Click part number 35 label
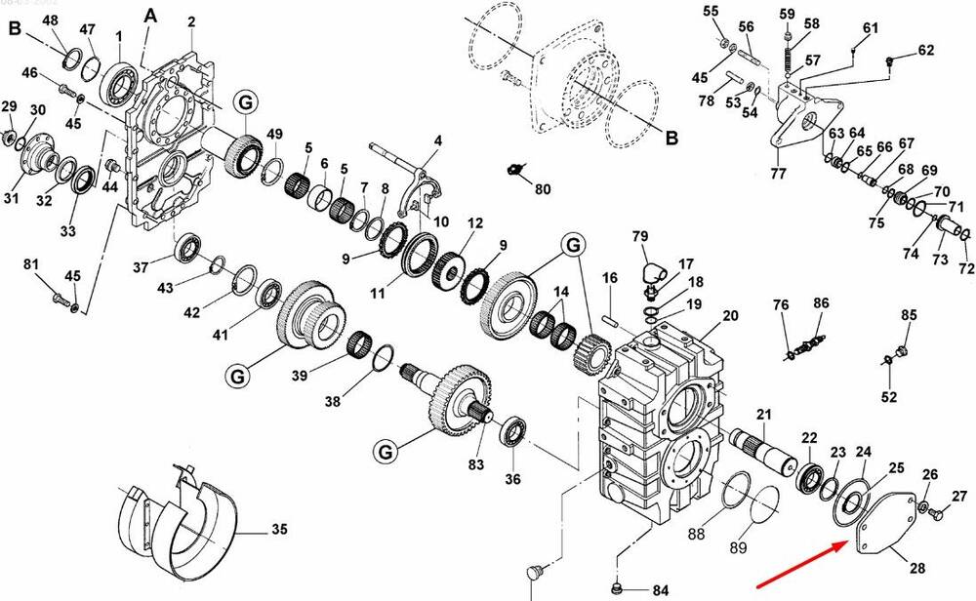279,529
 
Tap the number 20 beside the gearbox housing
730,315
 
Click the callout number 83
476,464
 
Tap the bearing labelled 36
514,431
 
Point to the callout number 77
779,173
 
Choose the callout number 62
926,49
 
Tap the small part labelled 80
514,169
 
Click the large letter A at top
150,16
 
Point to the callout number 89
738,547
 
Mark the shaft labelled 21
763,449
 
